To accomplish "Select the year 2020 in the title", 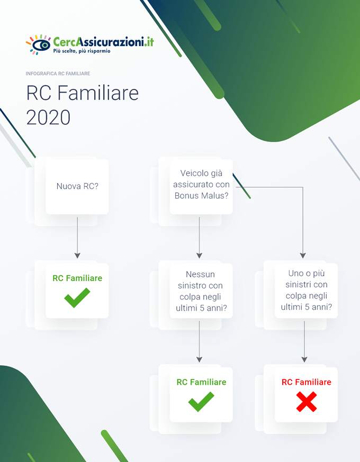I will (48, 117).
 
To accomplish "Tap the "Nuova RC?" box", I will (77, 186).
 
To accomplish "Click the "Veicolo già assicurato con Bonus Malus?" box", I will (201, 184).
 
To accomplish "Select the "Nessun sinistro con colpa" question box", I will (201, 291).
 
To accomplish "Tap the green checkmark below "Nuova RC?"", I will (77, 297).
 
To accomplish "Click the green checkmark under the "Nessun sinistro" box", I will (201, 402).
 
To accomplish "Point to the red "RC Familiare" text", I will (306, 382).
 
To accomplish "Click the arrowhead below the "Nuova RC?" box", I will (77, 255).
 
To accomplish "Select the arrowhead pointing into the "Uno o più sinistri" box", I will (303, 255).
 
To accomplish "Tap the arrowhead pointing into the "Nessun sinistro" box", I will (199, 255).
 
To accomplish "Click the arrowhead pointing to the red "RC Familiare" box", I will (304, 359).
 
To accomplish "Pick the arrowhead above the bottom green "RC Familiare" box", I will (199, 359).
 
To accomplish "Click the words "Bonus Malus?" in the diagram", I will (201, 195).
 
